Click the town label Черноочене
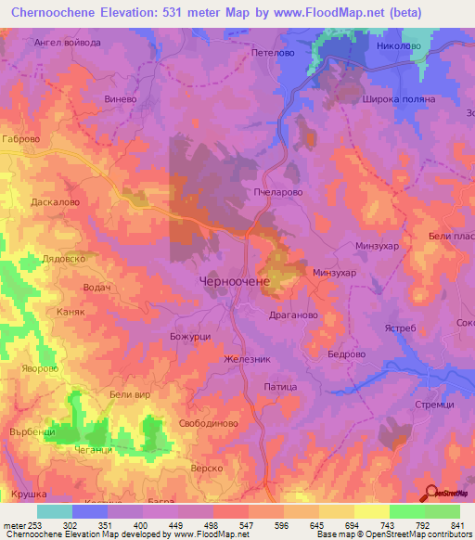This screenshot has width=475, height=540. tap(235, 279)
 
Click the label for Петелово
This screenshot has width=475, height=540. tap(273, 54)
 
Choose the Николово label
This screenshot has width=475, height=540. tap(399, 45)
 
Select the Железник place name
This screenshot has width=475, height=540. tap(246, 360)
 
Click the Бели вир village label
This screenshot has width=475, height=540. tap(130, 395)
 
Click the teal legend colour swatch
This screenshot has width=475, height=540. tap(54, 511)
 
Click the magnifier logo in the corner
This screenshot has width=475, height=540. tap(430, 492)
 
